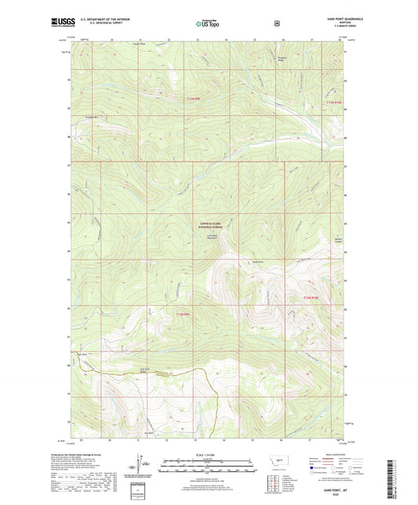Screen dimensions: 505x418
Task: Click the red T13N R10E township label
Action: click(335, 101)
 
